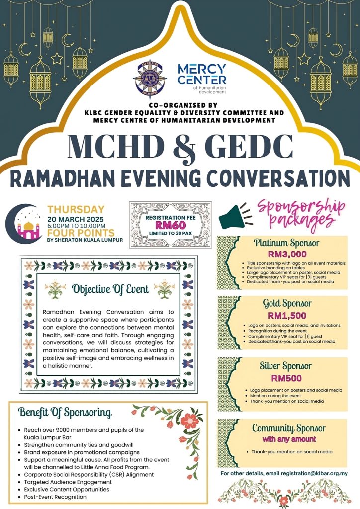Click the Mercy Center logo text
click(x=201, y=74)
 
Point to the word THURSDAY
click(x=76, y=210)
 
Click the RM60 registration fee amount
click(x=170, y=225)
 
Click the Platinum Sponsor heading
click(x=286, y=243)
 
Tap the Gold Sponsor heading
click(x=287, y=303)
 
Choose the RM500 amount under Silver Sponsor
click(x=286, y=378)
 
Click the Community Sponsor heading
click(x=288, y=428)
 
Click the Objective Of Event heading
click(x=110, y=289)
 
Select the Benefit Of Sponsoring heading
click(x=65, y=412)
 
